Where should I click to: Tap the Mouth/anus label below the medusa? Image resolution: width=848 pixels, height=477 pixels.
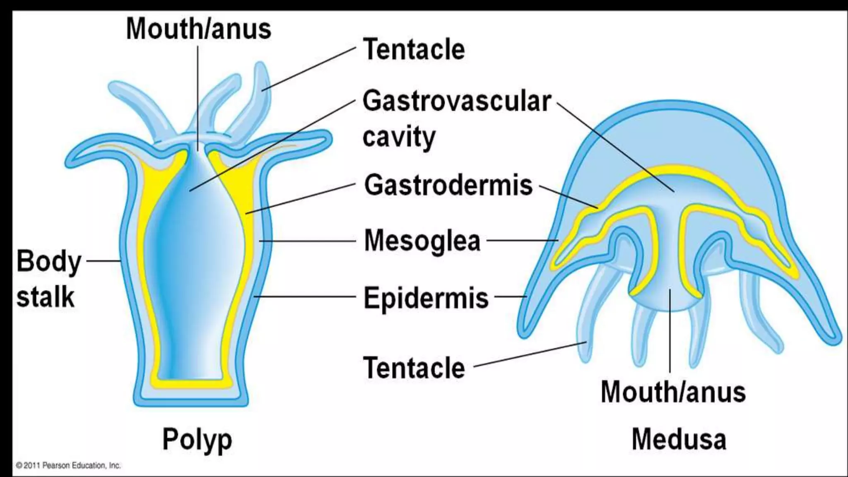[x=673, y=392]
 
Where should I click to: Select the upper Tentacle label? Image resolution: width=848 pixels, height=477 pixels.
[x=414, y=50]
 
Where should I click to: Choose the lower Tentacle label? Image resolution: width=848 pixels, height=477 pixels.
[x=414, y=368]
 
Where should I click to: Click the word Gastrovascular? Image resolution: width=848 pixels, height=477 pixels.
[x=457, y=101]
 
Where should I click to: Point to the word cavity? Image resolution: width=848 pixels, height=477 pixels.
[x=399, y=137]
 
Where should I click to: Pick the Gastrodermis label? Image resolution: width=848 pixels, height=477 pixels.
[x=448, y=185]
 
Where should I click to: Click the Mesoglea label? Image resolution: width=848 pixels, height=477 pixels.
[x=422, y=241]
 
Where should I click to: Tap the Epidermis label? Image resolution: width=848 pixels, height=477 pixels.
[x=426, y=297]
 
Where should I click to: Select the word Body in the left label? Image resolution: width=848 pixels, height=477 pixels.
[x=49, y=262]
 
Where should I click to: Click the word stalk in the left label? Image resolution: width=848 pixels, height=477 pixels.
[x=45, y=297]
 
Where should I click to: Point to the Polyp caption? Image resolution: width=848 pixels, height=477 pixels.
[x=197, y=440]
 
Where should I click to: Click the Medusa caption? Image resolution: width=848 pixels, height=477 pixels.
[x=679, y=440]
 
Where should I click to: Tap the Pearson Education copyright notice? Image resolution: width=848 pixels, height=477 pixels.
[x=68, y=465]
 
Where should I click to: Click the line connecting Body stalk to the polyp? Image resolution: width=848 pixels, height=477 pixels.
[x=102, y=261]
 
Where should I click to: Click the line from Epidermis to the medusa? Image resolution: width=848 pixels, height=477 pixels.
[x=511, y=296]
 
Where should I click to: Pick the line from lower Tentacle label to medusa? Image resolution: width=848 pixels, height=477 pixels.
[x=530, y=354]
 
